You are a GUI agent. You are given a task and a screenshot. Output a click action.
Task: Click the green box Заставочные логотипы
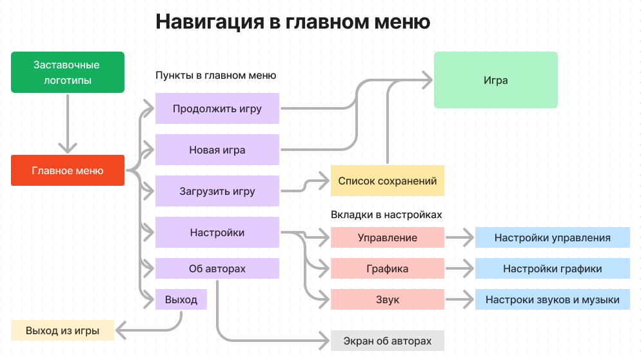point(67,72)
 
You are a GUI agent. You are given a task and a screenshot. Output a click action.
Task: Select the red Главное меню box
point(67,171)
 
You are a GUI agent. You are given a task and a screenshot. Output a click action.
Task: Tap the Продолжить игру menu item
point(217,108)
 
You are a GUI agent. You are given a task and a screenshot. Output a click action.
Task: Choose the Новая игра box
point(217,150)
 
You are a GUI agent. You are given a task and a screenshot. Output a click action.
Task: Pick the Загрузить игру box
point(217,191)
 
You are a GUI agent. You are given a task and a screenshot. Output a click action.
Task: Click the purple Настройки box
point(217,232)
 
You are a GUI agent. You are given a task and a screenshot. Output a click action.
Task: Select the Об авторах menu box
point(217,268)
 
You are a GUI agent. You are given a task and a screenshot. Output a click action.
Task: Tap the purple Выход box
point(181,299)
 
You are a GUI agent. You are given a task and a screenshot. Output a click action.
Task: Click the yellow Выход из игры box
point(63,331)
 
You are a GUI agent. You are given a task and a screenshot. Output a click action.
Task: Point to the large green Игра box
point(495,80)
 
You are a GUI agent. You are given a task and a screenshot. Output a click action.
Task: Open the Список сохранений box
point(387,181)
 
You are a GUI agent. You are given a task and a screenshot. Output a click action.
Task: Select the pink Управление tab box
point(387,237)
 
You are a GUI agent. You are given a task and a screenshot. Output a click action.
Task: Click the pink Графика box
point(387,268)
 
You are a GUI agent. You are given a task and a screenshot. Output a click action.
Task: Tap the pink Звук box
point(387,299)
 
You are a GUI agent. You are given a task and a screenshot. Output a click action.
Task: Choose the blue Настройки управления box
point(552,237)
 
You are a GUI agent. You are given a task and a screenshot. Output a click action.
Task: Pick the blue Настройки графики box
point(552,268)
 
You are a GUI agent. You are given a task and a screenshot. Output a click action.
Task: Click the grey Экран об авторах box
point(387,341)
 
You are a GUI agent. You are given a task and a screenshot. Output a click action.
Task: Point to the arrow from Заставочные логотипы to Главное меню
point(67,123)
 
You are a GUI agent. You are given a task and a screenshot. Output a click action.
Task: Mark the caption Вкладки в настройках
point(386,215)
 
